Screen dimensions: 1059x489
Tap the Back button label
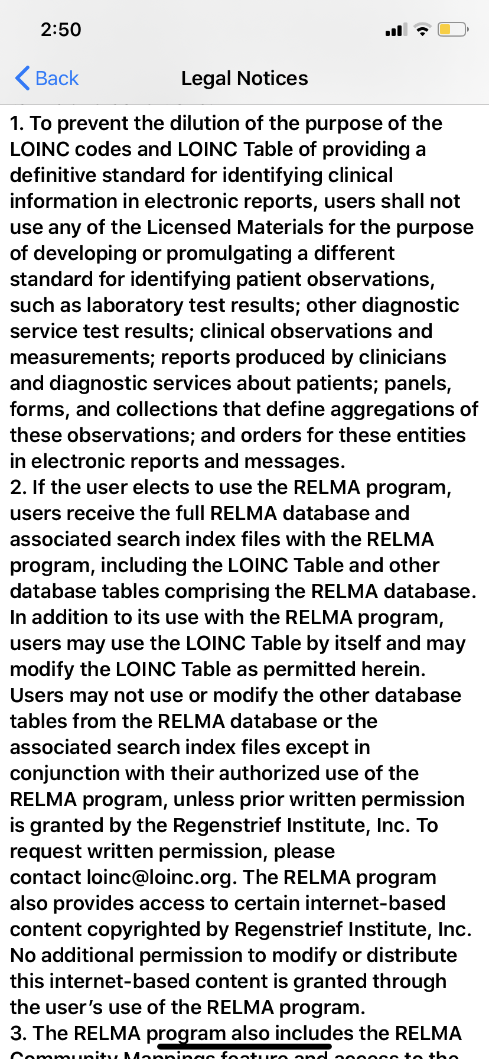tap(57, 78)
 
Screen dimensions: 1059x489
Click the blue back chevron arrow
tap(22, 78)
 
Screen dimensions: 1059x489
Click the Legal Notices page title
tap(244, 78)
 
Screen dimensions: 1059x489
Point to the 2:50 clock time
tap(61, 30)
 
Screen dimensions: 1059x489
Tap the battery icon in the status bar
tap(452, 30)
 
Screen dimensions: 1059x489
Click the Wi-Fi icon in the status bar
tap(422, 30)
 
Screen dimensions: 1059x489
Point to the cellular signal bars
tap(396, 30)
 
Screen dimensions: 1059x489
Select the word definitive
tap(53, 175)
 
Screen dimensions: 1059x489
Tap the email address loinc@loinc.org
tap(158, 877)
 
